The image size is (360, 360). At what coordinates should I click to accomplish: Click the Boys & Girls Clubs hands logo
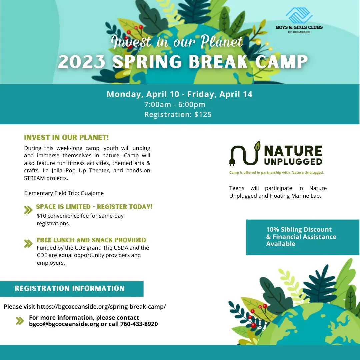(299, 15)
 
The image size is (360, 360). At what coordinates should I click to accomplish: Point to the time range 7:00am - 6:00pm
(175, 104)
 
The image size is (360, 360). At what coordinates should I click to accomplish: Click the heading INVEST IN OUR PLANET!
(66, 137)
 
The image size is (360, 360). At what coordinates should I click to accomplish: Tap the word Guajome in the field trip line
(92, 193)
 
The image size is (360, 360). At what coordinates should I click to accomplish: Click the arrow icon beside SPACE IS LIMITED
(28, 210)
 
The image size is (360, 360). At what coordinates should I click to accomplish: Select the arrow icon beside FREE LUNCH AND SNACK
(28, 244)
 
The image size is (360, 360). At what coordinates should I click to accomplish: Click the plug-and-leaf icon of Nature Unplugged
(245, 154)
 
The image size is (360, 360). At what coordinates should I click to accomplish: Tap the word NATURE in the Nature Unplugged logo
(293, 151)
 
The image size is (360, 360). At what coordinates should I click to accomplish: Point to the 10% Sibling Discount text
(299, 229)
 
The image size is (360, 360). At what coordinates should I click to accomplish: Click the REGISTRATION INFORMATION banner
(70, 288)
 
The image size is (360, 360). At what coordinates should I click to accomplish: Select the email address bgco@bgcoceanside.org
(64, 324)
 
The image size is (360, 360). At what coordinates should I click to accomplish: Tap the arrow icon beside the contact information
(20, 321)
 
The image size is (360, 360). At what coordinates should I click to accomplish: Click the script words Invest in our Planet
(177, 42)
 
